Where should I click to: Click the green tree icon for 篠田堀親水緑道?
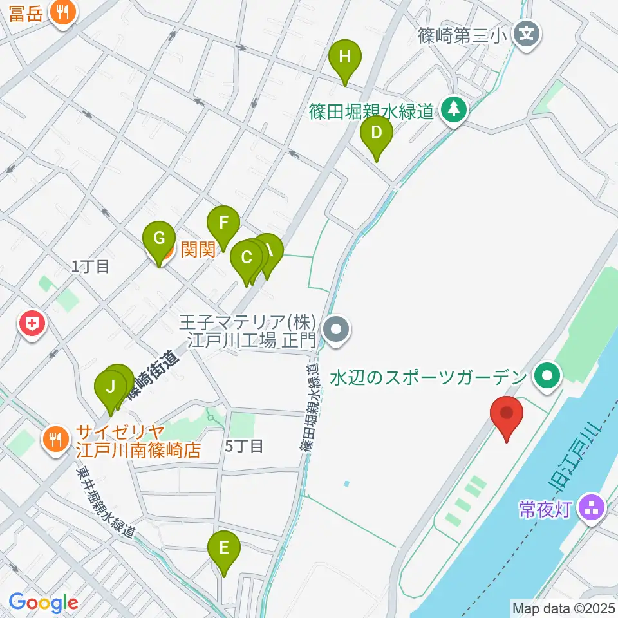[454, 109]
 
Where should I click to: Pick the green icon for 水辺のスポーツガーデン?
[548, 376]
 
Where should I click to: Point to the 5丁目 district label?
[244, 445]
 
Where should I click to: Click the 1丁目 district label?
[91, 267]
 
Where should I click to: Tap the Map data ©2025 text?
[563, 607]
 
